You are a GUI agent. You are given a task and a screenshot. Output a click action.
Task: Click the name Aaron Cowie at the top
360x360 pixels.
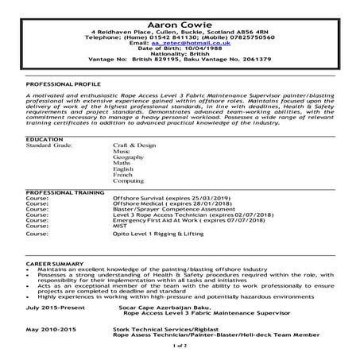point(180,10)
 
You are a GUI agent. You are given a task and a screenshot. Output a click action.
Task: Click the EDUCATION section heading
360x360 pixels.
point(45,139)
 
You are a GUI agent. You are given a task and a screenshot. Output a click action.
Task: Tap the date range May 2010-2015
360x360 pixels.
point(51,328)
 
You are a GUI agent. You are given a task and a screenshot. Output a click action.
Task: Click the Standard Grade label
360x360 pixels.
point(49,146)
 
